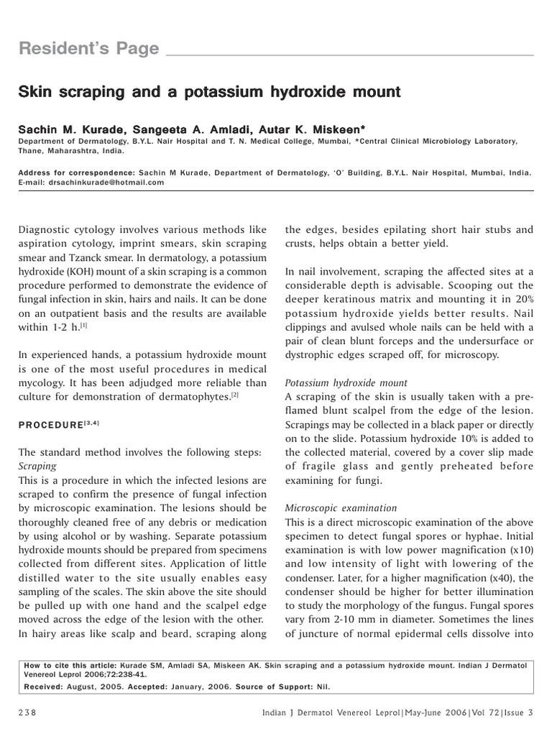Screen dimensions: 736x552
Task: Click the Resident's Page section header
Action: pyautogui.click(x=88, y=49)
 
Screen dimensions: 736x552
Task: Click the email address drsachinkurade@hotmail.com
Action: pyautogui.click(x=106, y=183)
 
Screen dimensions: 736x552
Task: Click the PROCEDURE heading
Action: pyautogui.click(x=50, y=425)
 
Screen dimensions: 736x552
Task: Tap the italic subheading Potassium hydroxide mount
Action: pyautogui.click(x=346, y=382)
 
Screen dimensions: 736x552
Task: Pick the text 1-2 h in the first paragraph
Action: pyautogui.click(x=60, y=327)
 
